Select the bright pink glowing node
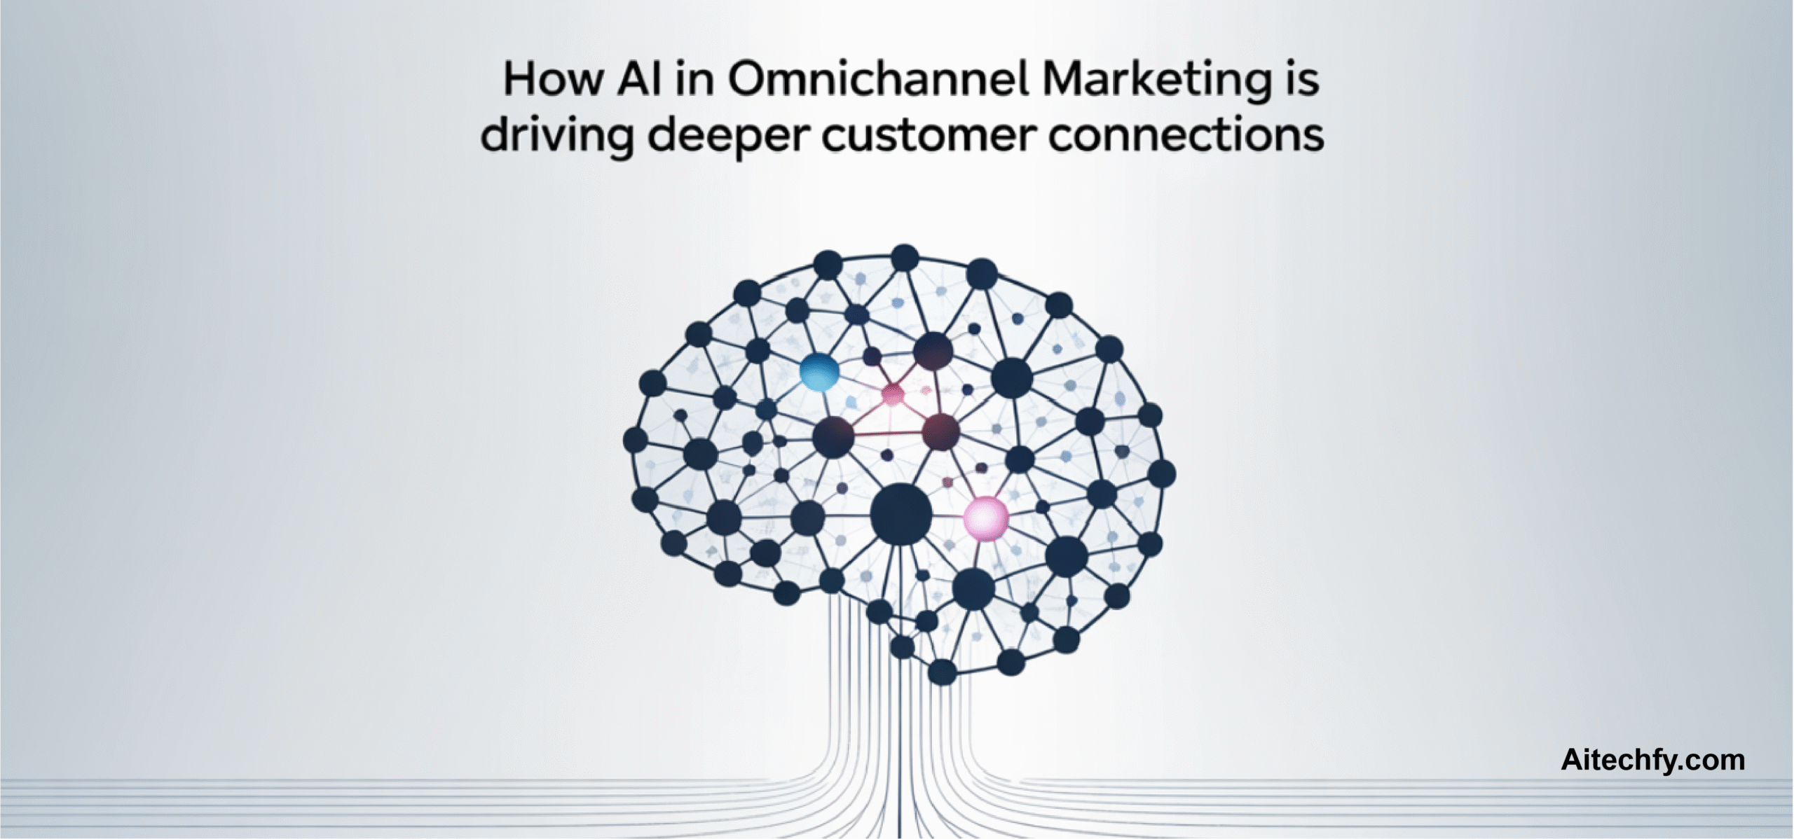point(986,518)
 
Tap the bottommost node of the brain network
point(942,672)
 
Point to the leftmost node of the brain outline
point(635,440)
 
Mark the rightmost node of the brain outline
point(1161,473)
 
